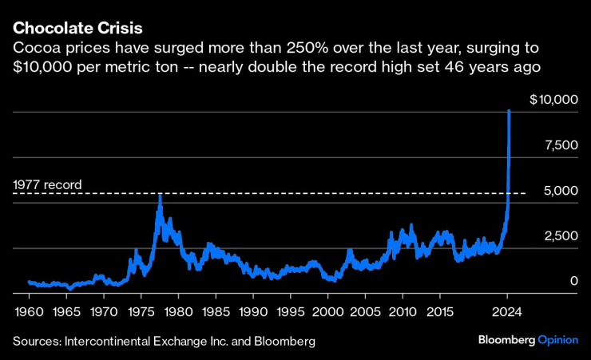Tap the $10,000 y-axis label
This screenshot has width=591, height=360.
[553, 101]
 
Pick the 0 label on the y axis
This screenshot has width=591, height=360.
[573, 281]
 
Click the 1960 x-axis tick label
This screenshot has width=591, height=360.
[28, 309]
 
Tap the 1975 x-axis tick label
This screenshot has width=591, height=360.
[141, 309]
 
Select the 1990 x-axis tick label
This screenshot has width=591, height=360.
[253, 309]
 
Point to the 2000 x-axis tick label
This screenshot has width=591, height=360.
[328, 309]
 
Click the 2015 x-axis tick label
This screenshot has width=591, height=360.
[440, 309]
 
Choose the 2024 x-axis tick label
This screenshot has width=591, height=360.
[507, 309]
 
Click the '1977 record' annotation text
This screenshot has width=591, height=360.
[47, 185]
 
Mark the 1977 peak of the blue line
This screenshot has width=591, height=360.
[160, 195]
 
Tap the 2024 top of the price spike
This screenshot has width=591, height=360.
[510, 110]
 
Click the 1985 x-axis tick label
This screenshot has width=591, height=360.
[216, 309]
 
